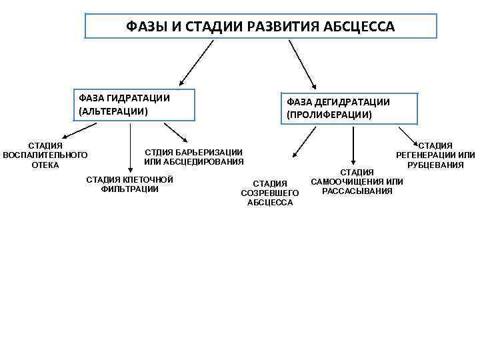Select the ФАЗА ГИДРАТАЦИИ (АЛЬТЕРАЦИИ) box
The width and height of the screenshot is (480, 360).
[136, 105]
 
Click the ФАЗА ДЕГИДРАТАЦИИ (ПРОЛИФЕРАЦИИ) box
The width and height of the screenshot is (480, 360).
[350, 109]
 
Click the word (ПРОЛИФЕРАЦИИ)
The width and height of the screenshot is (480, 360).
[329, 115]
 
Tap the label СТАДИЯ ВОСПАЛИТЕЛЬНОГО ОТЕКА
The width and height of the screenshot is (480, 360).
[45, 155]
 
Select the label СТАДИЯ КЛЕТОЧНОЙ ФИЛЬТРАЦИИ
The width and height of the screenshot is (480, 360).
[130, 184]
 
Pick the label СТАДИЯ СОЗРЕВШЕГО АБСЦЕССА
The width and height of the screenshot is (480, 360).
[270, 193]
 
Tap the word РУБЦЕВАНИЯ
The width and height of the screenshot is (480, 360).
[435, 165]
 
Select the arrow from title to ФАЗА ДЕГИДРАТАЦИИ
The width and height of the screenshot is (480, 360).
[303, 64]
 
